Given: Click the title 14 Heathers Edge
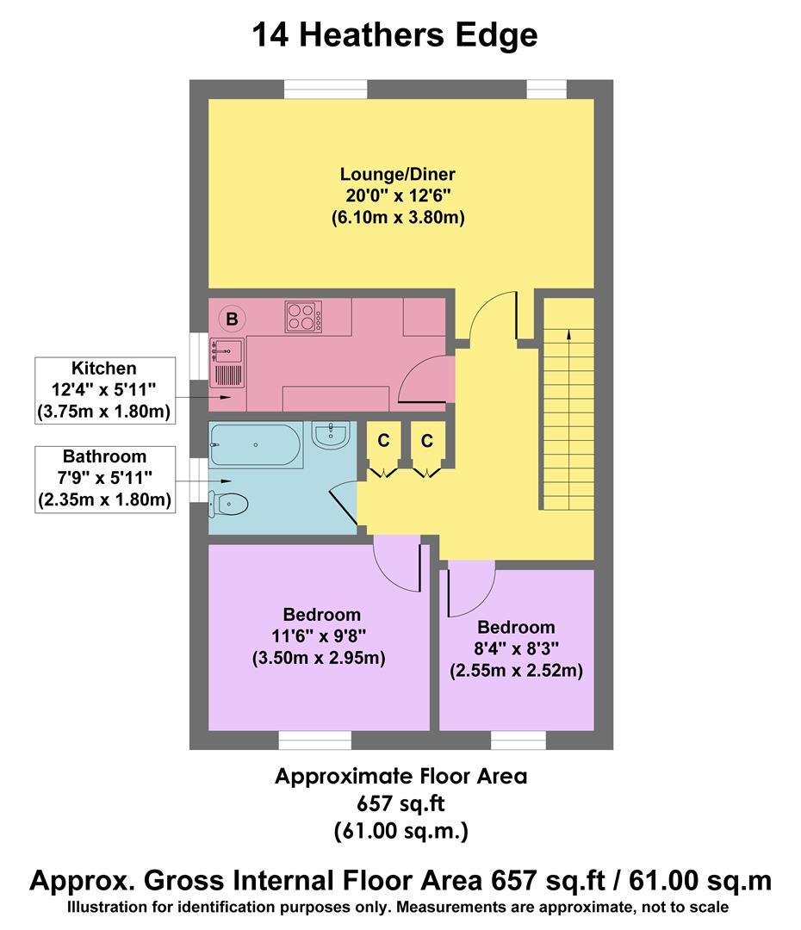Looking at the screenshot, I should click(x=394, y=36).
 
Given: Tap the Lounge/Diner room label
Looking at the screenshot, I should click(x=397, y=175).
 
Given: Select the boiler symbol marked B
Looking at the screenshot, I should click(x=231, y=319).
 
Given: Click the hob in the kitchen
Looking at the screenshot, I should click(x=303, y=317).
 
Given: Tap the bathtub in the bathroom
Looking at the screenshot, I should click(x=255, y=444).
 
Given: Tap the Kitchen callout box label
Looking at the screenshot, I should click(x=104, y=368).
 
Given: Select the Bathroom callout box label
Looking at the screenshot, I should click(x=104, y=456).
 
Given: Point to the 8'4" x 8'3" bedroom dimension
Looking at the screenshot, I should click(x=516, y=648).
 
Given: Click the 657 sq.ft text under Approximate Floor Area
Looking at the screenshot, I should click(x=400, y=803).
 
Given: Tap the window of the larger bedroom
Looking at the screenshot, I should click(x=314, y=740).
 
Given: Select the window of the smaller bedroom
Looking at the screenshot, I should click(x=518, y=740).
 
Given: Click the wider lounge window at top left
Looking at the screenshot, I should click(x=326, y=90).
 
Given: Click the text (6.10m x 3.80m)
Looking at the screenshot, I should click(x=397, y=218).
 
